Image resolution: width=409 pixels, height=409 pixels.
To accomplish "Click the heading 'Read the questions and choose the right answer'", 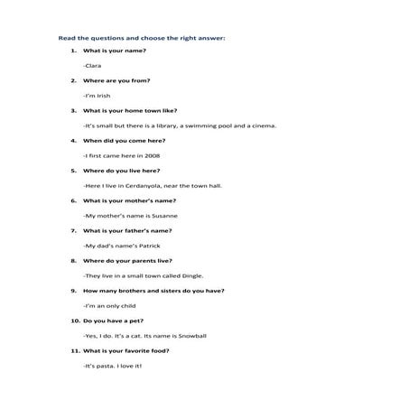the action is point(141,39).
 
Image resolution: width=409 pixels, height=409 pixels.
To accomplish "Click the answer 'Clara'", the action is point(93,66).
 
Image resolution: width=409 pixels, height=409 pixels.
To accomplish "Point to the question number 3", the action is point(73,110).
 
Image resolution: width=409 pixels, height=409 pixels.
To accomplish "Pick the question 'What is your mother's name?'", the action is point(129,200).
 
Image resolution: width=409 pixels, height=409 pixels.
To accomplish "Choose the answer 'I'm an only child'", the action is point(110,305).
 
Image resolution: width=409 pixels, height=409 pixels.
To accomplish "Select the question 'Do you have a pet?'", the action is point(113,321).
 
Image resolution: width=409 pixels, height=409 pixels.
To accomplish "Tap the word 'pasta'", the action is point(105,366).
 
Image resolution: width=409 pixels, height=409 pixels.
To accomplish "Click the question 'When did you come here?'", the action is point(121,140).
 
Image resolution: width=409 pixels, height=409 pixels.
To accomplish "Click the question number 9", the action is point(73,291).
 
